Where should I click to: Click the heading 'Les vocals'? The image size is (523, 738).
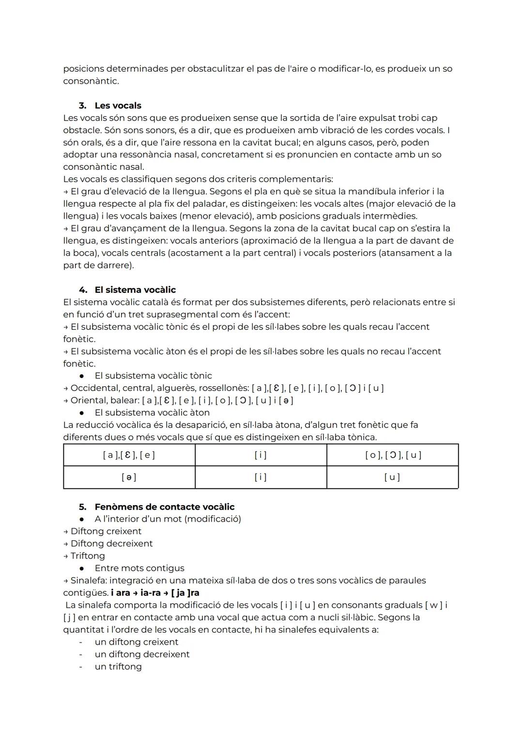coord(118,105)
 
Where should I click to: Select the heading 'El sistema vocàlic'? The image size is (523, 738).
coord(135,290)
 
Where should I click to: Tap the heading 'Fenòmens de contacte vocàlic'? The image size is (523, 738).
coord(164,507)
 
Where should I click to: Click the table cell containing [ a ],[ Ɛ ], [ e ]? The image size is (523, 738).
coord(129,455)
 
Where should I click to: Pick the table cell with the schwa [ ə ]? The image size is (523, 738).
coord(129,477)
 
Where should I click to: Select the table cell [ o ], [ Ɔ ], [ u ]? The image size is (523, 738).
coord(393,455)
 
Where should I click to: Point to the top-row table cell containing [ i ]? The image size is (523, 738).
coord(261,455)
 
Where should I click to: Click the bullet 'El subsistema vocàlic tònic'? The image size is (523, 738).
coord(153,376)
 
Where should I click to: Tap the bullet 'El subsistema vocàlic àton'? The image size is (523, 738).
coord(152,413)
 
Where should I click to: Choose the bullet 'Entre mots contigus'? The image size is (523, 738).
coord(139,568)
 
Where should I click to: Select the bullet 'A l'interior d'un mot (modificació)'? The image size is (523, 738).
coord(168,519)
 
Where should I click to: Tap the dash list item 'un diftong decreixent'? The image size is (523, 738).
coord(142,654)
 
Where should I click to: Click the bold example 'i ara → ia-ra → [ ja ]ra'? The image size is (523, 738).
coord(155,593)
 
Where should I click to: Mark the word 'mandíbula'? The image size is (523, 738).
coord(368,192)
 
